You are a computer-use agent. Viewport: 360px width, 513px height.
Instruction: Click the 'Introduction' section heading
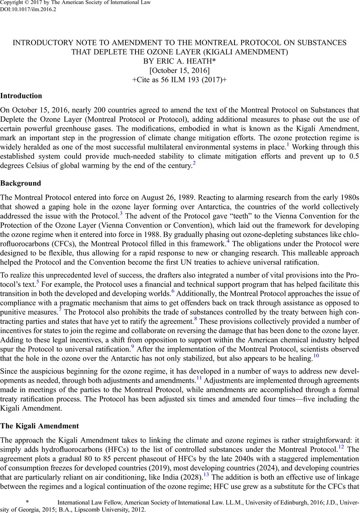coord(21,96)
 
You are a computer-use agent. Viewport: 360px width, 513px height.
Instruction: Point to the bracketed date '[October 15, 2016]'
coord(180,71)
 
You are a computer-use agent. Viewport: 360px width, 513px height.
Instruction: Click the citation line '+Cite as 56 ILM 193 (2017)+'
coord(180,81)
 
